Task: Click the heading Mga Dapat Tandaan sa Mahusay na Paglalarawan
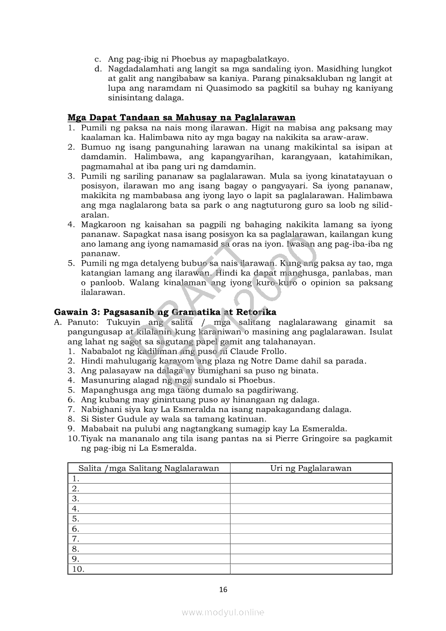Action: tap(181, 118)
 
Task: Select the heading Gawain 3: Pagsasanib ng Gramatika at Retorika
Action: tap(165, 312)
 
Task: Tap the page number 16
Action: tap(224, 589)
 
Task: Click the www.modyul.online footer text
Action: tap(223, 612)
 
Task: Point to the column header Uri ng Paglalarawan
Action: tap(311, 468)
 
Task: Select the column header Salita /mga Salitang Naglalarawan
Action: tap(148, 468)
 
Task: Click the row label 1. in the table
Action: tap(76, 478)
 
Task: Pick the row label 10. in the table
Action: tap(78, 569)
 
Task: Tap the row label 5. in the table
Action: tap(76, 519)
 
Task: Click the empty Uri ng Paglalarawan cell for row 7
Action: tap(311, 539)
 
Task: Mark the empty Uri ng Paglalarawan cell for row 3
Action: tap(311, 498)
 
